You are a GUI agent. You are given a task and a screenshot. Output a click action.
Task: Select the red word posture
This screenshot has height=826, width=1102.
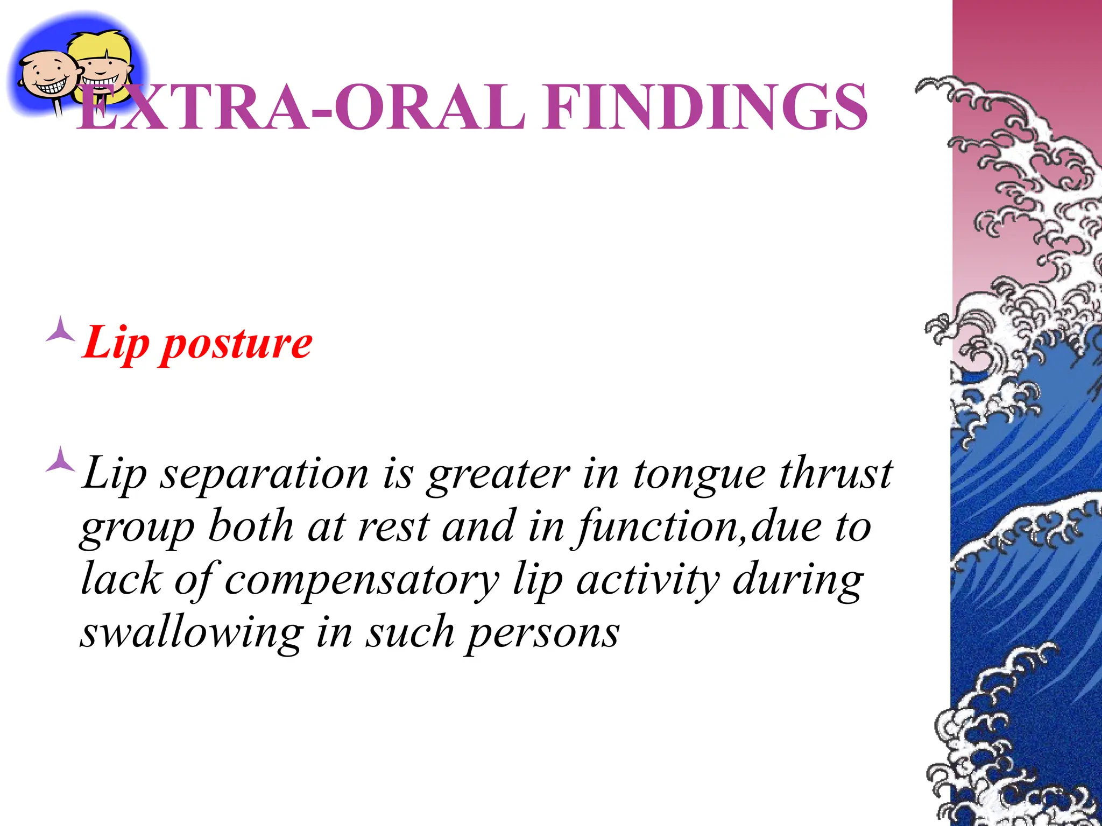click(x=237, y=344)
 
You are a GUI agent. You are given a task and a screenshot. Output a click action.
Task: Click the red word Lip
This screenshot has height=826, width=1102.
click(x=116, y=344)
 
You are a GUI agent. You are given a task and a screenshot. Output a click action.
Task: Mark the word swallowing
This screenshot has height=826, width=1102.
click(x=192, y=633)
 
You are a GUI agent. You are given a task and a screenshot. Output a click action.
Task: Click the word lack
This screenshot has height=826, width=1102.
click(x=121, y=580)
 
